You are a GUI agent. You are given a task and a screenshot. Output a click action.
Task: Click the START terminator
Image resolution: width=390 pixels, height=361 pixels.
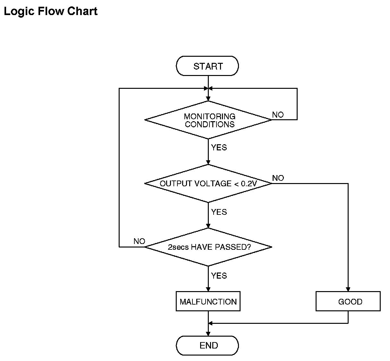tap(208, 66)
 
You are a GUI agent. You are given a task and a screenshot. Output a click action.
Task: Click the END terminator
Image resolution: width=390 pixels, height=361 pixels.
tap(208, 346)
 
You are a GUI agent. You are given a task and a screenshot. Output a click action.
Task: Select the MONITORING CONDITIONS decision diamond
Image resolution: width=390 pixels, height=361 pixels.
tap(208, 120)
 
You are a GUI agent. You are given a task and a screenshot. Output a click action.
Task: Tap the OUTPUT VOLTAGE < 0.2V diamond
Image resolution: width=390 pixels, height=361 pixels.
tap(208, 183)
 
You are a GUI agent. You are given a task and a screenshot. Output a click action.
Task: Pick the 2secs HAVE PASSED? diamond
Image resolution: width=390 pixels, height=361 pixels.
tap(208, 247)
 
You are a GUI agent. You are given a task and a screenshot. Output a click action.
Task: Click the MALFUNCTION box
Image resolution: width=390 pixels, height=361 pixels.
tap(208, 301)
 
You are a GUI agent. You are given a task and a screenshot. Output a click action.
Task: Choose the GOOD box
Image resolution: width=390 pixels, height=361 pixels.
tap(348, 301)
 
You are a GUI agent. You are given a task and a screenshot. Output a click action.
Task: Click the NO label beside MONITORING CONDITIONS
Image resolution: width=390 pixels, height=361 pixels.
tap(278, 115)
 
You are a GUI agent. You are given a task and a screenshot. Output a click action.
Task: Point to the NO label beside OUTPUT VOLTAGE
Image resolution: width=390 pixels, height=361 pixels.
tap(278, 178)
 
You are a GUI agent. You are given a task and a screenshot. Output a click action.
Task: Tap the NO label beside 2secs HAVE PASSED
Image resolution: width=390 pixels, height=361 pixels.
tap(140, 241)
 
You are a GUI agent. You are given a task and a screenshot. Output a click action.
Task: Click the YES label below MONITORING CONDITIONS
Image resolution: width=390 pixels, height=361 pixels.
tap(219, 147)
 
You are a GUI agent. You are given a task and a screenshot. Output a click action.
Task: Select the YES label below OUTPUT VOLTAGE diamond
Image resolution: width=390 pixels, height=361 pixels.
tap(219, 212)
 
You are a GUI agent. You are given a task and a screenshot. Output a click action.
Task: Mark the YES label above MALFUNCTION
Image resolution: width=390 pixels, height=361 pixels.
tap(219, 276)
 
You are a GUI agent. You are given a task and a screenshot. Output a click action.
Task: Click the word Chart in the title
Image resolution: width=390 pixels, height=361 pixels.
tap(82, 11)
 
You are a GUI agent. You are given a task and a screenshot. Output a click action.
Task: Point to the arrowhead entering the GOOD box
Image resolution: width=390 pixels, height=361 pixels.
tap(348, 290)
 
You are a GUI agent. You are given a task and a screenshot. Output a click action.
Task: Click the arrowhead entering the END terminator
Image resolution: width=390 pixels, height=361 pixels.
tap(208, 334)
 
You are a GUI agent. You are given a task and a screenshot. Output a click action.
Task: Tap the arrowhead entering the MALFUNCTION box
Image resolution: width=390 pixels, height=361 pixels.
tap(208, 290)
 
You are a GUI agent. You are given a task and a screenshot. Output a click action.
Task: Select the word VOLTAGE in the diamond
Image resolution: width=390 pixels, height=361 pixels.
tap(213, 183)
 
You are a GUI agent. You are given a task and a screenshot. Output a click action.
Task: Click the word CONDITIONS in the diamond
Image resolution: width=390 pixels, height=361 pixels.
tap(210, 124)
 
